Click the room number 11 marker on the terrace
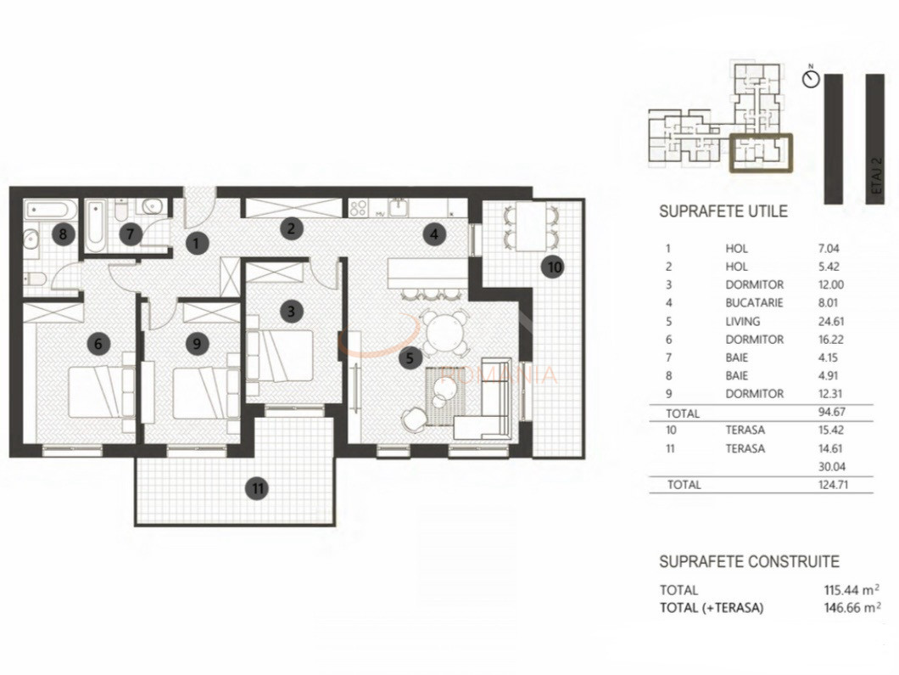point(257,488)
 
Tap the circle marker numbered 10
point(553,267)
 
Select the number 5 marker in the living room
point(410,358)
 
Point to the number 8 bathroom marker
point(61,234)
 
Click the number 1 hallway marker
point(197,243)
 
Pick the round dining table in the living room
point(445,333)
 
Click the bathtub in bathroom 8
point(51,210)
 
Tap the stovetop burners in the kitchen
point(359,207)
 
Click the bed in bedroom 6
point(95,391)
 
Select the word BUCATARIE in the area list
point(754,303)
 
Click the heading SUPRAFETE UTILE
point(723,211)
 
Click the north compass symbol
point(812,79)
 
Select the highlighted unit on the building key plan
point(761,154)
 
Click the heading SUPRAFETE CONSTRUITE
point(749,562)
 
